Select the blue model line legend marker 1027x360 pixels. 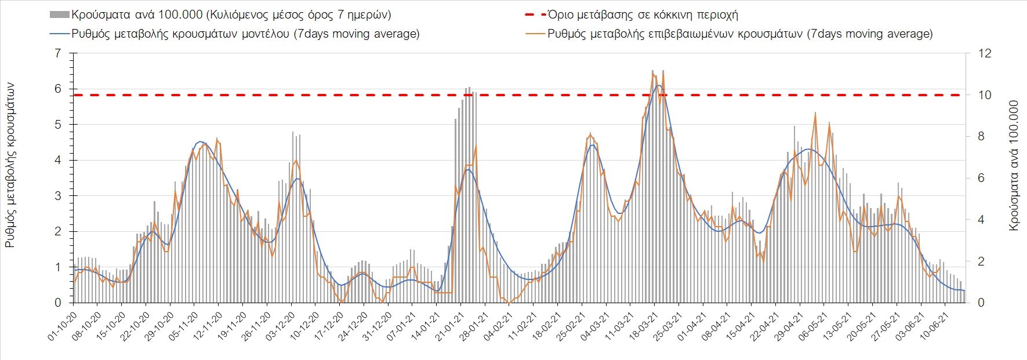click(x=60, y=34)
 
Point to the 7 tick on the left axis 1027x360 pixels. click(x=57, y=53)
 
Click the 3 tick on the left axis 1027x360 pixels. click(x=57, y=196)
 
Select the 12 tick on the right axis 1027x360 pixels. click(x=985, y=53)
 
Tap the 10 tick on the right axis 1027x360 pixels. click(x=985, y=95)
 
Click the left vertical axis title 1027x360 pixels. click(x=10, y=166)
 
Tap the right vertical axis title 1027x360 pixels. click(x=1014, y=166)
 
